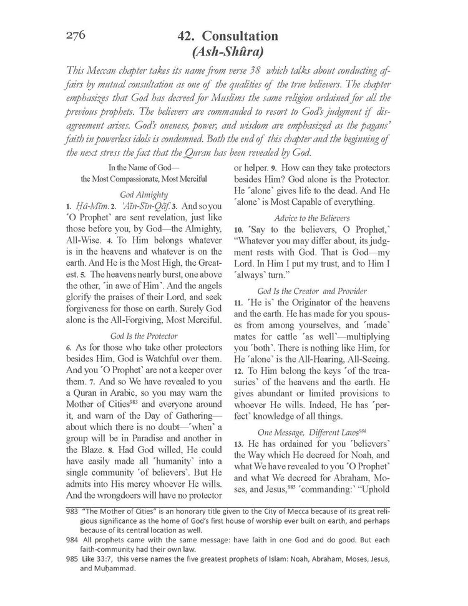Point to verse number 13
pyautogui.click(x=238, y=446)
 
